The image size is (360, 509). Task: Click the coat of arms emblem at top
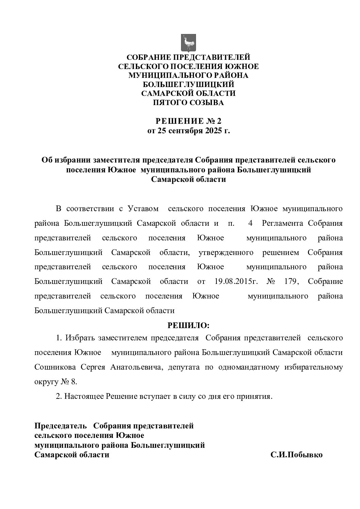click(x=188, y=41)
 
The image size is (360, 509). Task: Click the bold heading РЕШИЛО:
click(x=189, y=325)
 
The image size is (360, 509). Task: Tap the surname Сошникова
click(x=55, y=367)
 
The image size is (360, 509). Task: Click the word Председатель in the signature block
click(x=62, y=426)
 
